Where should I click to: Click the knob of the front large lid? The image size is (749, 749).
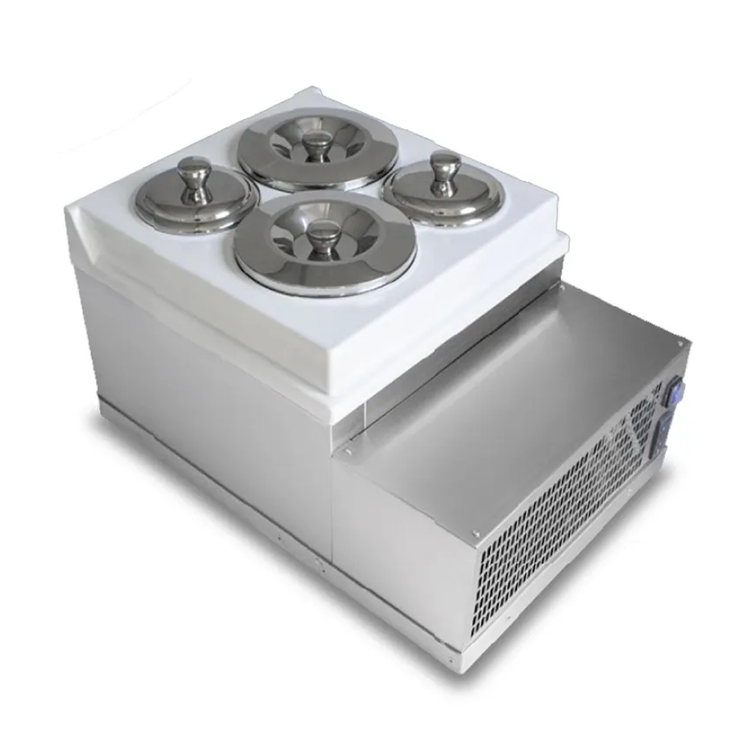click(x=324, y=237)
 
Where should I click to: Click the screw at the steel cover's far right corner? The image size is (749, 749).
click(x=680, y=342)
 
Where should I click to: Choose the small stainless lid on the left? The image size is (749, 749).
click(x=196, y=196)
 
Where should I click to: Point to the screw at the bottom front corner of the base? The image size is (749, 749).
click(x=449, y=661)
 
